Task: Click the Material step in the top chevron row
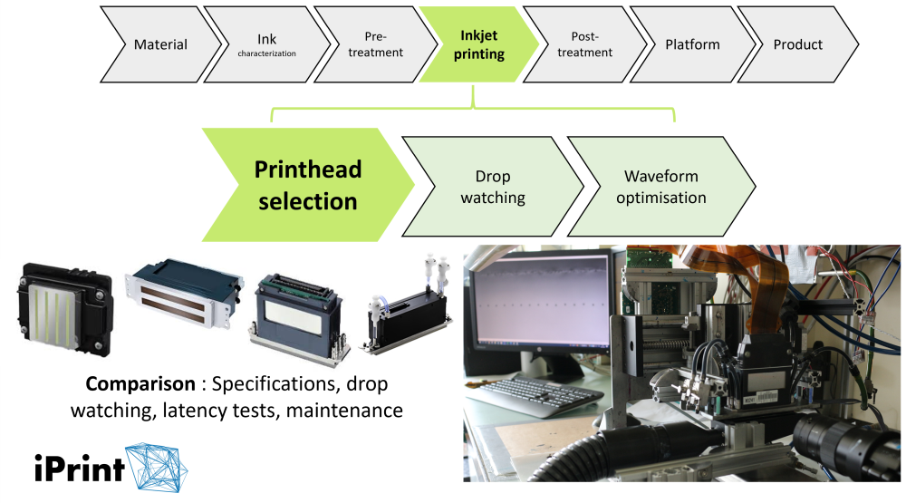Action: tap(160, 44)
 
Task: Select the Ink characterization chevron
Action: tap(266, 44)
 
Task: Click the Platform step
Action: tap(692, 44)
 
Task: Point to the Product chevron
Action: tap(797, 44)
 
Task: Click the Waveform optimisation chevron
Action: tap(660, 186)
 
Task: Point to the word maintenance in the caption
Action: tap(348, 410)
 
